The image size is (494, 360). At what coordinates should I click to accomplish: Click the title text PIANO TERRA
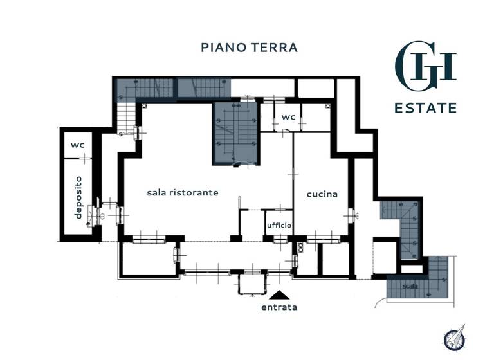[x=249, y=48]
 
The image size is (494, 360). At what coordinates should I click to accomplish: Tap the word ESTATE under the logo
[x=425, y=107]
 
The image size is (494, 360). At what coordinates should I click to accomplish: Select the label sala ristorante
[x=183, y=192]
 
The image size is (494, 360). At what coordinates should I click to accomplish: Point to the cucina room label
[x=322, y=194]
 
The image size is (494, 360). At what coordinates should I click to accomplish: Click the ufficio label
[x=279, y=226]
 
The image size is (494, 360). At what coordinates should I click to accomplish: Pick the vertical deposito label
[x=78, y=197]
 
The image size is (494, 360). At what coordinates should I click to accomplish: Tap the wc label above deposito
[x=78, y=145]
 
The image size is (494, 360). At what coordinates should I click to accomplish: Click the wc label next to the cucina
[x=288, y=118]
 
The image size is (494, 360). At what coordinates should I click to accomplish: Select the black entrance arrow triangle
[x=279, y=295]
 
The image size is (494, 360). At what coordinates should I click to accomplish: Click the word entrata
[x=279, y=307]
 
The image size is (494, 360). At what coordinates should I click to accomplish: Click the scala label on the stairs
[x=410, y=286]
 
